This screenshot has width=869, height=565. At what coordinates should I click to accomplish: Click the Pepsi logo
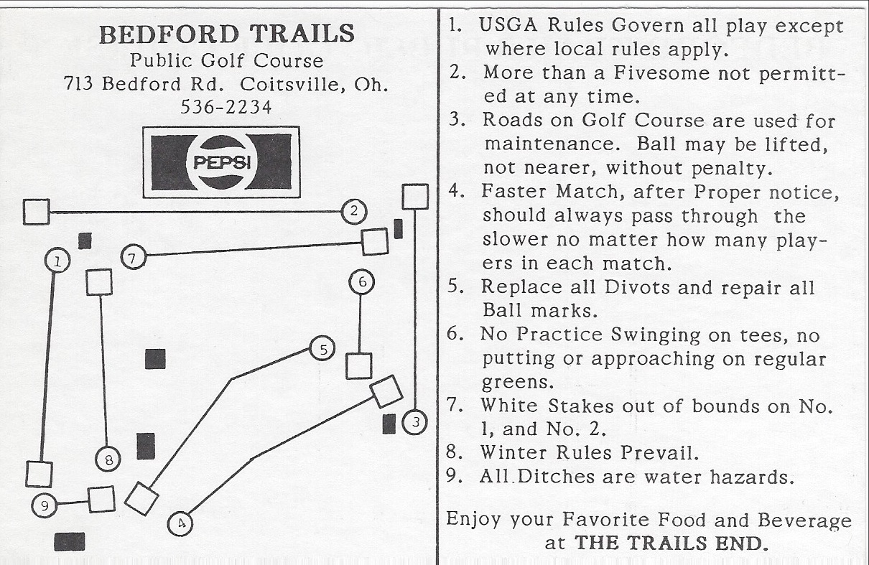click(220, 162)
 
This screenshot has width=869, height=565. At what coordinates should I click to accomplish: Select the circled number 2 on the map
click(353, 211)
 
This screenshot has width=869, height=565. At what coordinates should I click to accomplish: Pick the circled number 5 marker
click(323, 350)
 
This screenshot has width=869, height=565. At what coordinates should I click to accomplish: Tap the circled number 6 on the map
click(363, 281)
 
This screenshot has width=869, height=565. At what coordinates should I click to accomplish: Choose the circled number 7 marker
click(134, 256)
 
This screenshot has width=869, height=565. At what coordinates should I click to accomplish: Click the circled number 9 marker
click(45, 506)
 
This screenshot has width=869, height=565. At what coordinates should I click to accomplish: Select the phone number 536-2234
click(226, 107)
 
